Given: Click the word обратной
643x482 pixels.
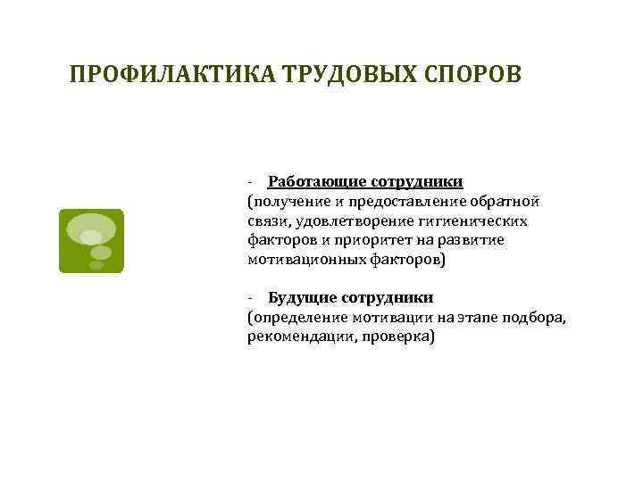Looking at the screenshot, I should (x=505, y=201).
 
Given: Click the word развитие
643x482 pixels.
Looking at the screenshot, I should (x=474, y=240).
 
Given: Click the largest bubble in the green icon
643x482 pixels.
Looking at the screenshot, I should (x=91, y=224).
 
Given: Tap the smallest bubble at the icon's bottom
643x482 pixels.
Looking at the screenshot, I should (x=96, y=264).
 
